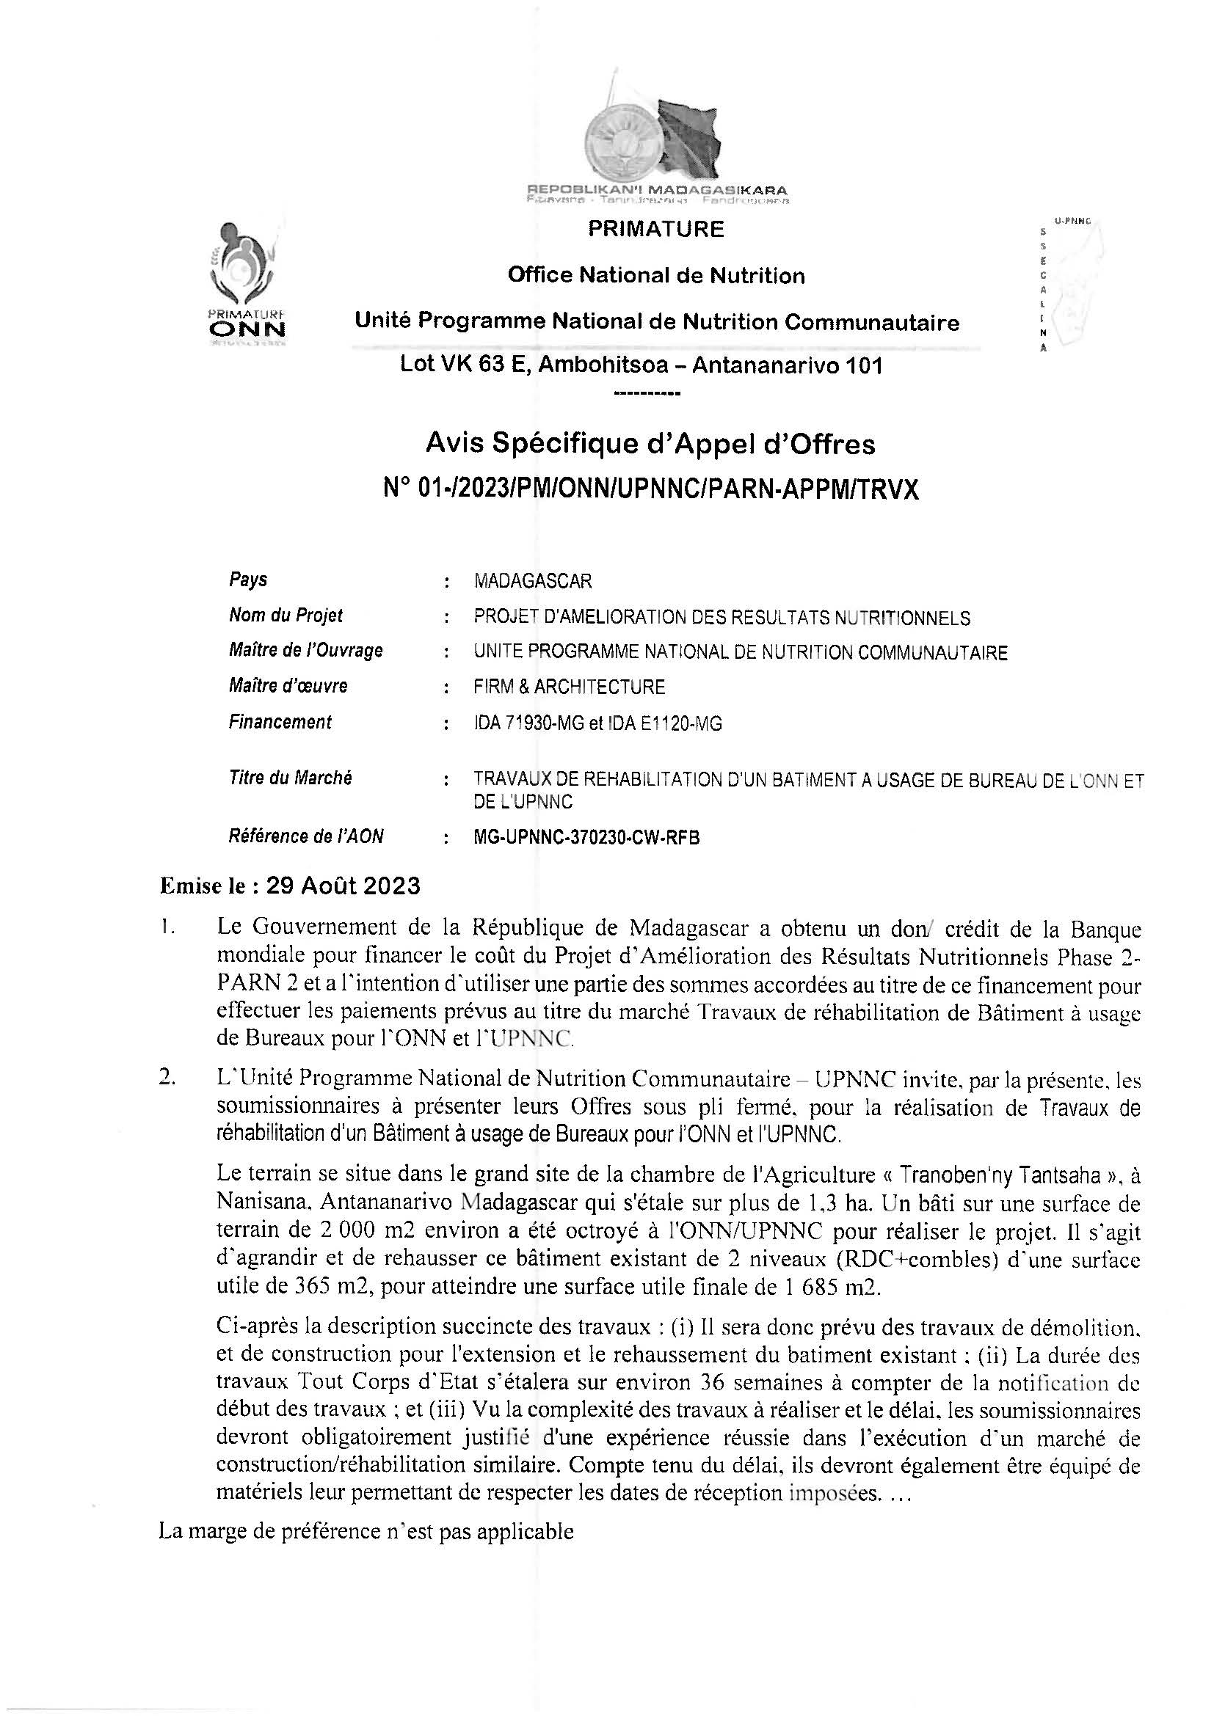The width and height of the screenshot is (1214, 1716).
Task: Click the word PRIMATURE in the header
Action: pyautogui.click(x=655, y=229)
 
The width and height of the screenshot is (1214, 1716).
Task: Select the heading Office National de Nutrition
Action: pyautogui.click(x=655, y=276)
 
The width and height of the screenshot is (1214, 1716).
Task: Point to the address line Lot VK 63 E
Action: pyautogui.click(x=641, y=366)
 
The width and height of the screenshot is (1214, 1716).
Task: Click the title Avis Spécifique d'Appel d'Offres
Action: pyautogui.click(x=650, y=445)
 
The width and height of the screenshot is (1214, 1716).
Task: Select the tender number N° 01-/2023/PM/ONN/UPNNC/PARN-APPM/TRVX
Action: pyautogui.click(x=650, y=489)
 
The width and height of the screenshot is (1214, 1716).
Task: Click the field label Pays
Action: pyautogui.click(x=248, y=580)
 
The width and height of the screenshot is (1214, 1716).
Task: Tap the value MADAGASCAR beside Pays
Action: pyautogui.click(x=532, y=581)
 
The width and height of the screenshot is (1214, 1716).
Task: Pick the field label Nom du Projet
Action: pyautogui.click(x=286, y=616)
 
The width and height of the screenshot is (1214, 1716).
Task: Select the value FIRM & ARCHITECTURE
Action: pyautogui.click(x=569, y=687)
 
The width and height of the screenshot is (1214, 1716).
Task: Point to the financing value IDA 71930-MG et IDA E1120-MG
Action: pyautogui.click(x=597, y=723)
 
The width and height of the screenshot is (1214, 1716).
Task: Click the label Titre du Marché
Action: pyautogui.click(x=290, y=778)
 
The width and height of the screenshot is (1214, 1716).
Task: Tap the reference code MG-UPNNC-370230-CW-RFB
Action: pyautogui.click(x=587, y=838)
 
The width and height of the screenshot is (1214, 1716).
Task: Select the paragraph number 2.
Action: pyautogui.click(x=167, y=1079)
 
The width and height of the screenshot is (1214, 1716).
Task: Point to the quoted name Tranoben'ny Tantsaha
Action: pyautogui.click(x=1001, y=1175)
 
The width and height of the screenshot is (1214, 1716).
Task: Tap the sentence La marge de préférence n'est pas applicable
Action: pyautogui.click(x=366, y=1532)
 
